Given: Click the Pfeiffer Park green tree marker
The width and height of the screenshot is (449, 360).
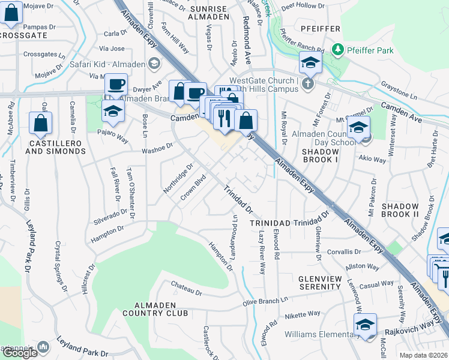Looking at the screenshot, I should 339,49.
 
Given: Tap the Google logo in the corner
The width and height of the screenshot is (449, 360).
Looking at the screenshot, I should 20,353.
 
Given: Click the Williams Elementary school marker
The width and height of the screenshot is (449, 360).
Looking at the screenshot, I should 365,324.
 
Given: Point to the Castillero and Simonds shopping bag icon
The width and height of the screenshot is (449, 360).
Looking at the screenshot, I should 40,123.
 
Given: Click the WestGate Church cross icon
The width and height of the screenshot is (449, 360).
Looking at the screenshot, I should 308,83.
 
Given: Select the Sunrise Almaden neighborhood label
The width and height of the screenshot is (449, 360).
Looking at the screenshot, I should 208,13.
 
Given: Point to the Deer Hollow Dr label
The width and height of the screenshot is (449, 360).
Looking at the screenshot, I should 306,5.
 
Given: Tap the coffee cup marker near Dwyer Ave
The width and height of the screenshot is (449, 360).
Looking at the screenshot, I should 116,85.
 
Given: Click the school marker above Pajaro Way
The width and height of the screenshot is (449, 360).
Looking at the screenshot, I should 112,112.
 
